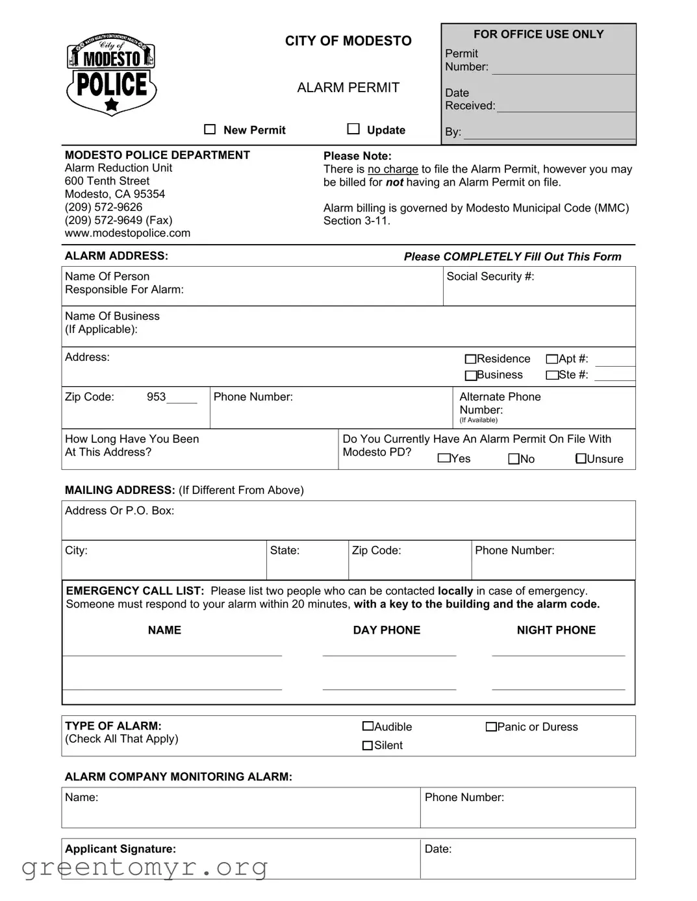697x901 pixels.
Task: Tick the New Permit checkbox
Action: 210,129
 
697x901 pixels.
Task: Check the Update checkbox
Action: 353,129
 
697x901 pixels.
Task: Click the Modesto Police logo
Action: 112,75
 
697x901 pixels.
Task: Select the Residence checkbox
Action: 471,359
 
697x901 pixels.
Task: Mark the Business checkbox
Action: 471,375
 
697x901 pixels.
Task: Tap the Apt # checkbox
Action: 552,359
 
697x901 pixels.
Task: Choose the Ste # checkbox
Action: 552,375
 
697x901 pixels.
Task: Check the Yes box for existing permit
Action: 444,458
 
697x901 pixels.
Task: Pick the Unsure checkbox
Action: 581,459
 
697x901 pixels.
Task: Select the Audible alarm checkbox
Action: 368,726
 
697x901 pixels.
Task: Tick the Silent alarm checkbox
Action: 368,745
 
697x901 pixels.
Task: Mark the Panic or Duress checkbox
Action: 491,726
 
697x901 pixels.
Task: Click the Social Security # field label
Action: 490,277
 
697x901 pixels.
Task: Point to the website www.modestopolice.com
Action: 127,233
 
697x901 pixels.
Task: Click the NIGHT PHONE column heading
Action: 556,630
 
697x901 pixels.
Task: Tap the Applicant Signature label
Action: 120,849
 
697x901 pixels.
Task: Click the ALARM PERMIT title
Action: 348,88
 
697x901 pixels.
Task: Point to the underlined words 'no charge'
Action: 393,169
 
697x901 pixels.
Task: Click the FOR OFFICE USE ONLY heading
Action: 539,34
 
